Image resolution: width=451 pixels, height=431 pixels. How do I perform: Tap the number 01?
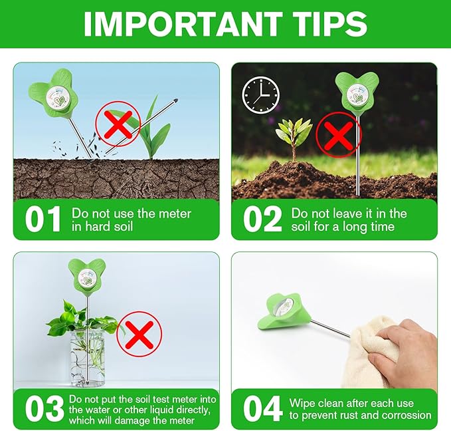43,220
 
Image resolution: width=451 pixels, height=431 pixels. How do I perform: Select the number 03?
43,408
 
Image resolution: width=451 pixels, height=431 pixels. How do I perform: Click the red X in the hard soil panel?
118,124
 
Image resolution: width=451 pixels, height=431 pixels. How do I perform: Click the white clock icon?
260,95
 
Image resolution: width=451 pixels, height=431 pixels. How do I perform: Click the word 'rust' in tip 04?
351,416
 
